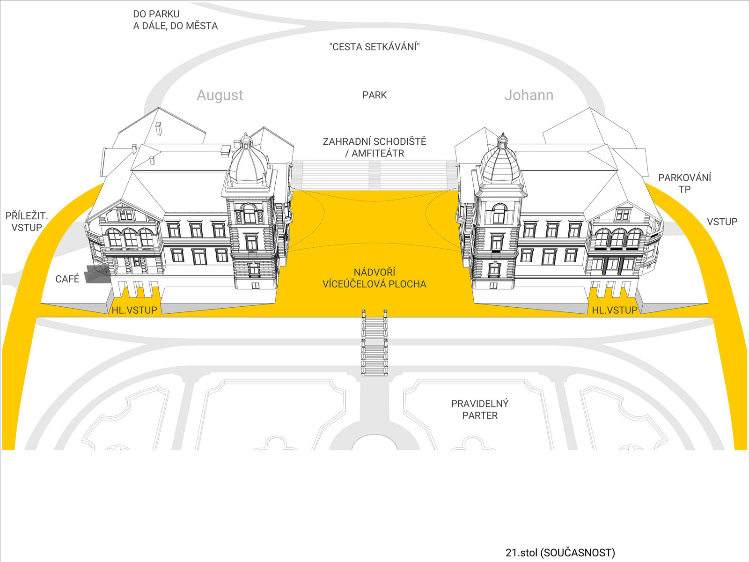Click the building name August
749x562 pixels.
[x=220, y=95]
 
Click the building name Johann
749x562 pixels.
[x=529, y=95]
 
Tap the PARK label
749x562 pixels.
[x=374, y=95]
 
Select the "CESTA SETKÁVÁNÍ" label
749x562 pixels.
[x=374, y=47]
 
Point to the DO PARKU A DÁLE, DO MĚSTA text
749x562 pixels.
[x=175, y=20]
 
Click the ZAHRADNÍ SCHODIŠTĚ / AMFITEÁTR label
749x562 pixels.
[x=374, y=147]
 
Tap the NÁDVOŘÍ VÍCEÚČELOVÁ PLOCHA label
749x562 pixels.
[x=374, y=278]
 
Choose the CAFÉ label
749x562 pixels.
[x=67, y=279]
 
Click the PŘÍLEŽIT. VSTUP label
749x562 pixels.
[x=27, y=222]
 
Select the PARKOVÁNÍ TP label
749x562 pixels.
[x=684, y=183]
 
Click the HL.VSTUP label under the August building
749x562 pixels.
[x=134, y=310]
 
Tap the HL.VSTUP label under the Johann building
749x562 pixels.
[x=615, y=310]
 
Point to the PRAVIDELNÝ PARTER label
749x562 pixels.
[x=480, y=409]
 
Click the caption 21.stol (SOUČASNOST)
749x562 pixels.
[x=560, y=553]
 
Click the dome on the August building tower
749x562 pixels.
[x=248, y=164]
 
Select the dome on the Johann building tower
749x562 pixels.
[x=501, y=164]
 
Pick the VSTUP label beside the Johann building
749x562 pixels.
[x=722, y=222]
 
